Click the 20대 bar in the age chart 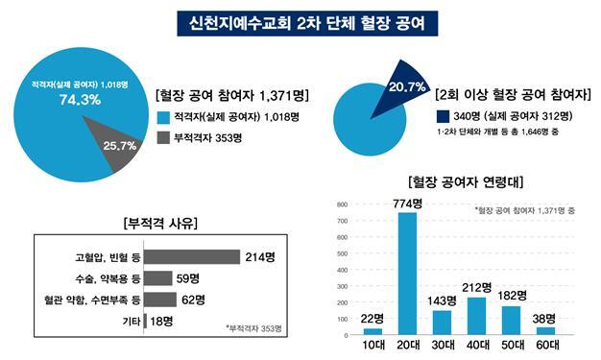pos(407,274)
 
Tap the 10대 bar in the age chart pos(373,331)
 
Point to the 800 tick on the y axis pos(341,205)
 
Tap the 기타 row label pos(128,321)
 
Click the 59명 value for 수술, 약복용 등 pos(187,278)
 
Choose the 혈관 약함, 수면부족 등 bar pos(161,300)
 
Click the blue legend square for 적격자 pos(163,117)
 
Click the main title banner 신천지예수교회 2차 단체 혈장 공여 pos(300,20)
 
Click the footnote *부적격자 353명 pos(254,329)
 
